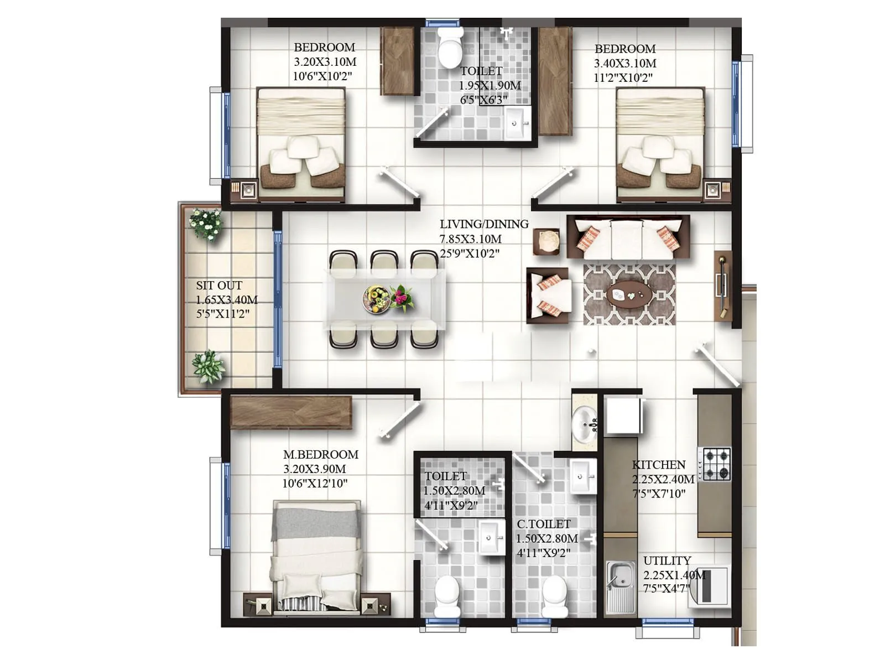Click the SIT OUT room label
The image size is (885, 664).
click(x=219, y=286)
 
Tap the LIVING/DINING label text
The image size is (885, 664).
click(x=484, y=224)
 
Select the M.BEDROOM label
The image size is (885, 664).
click(x=321, y=454)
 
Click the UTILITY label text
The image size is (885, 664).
click(x=667, y=561)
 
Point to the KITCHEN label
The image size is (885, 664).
click(x=659, y=465)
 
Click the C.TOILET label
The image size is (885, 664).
click(x=544, y=523)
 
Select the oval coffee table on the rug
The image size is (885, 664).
click(x=629, y=294)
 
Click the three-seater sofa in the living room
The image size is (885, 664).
click(x=628, y=237)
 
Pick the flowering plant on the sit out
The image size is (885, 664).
click(x=206, y=224)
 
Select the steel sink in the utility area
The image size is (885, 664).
click(x=619, y=587)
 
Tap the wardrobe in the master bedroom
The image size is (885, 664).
click(x=291, y=412)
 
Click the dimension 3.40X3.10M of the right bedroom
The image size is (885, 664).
click(x=625, y=63)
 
